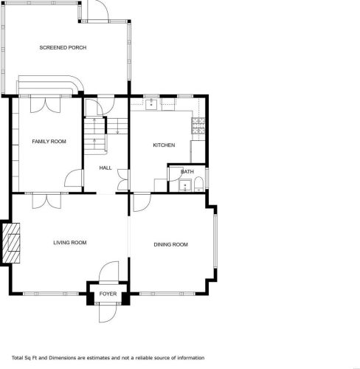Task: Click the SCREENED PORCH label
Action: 63,47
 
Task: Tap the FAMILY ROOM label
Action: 49,142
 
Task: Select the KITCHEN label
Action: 164,145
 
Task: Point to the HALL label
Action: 105,168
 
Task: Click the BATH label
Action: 187,171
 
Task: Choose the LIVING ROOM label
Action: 70,243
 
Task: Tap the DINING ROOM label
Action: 171,244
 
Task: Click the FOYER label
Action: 108,294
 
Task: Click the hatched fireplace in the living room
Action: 11,243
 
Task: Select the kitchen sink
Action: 151,104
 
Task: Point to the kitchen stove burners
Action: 198,125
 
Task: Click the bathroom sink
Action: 185,185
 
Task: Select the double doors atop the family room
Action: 45,106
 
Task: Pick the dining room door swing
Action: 142,203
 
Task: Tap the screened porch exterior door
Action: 98,10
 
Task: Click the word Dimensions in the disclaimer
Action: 62,358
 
